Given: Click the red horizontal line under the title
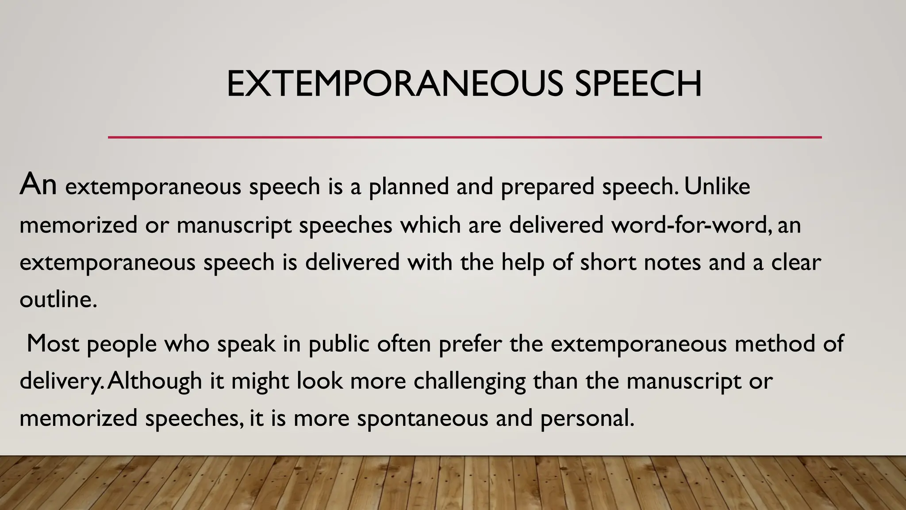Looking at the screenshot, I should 465,137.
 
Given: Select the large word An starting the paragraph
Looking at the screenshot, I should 38,184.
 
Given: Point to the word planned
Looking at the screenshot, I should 409,186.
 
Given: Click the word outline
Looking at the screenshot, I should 58,300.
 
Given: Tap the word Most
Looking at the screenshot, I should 53,344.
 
